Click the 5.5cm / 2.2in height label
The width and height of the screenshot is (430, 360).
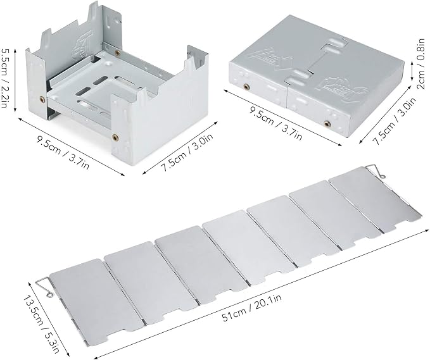coord(4,78)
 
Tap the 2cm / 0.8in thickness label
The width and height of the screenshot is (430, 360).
coord(421,63)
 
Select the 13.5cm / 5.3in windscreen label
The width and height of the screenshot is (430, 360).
coord(41,324)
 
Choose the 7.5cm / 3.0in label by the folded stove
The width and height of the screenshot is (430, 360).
coord(395,121)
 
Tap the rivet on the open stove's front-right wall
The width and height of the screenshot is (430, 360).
coord(115,136)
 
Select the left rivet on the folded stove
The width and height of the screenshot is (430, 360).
coord(246,87)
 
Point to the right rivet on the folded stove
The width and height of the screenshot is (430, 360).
coord(327,124)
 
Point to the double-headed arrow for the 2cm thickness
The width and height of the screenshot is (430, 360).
coord(412,71)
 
